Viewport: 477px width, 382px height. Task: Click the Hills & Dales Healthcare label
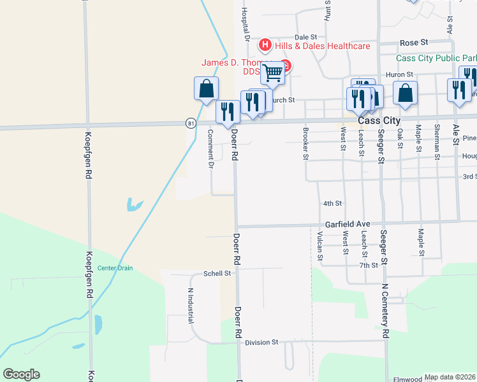click(322, 46)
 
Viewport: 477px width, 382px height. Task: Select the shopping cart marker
click(272, 74)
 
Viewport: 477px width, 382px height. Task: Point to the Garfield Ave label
click(348, 224)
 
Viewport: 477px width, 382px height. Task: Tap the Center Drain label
click(115, 268)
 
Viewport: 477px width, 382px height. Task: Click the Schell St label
click(216, 273)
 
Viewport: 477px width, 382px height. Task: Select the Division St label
click(262, 342)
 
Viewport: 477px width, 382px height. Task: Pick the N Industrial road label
click(189, 306)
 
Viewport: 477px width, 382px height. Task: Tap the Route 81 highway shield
click(191, 122)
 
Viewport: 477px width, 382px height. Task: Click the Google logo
click(21, 374)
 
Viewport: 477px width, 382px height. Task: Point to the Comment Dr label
click(210, 148)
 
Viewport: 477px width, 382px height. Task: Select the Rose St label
click(414, 43)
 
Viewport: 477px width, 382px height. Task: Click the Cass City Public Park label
click(436, 58)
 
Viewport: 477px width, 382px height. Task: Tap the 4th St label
click(332, 204)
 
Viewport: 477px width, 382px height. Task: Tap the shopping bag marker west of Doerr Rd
click(206, 90)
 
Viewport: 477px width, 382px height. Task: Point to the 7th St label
click(369, 265)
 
